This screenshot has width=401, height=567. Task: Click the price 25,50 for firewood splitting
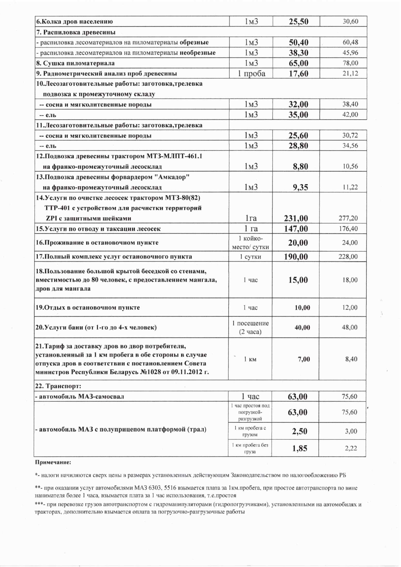(x=298, y=22)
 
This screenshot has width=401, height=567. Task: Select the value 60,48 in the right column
(x=350, y=42)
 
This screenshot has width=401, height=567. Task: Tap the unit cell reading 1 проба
(x=251, y=73)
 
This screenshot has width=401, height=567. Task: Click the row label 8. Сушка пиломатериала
(x=75, y=63)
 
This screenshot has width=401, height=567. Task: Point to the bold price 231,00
(x=296, y=218)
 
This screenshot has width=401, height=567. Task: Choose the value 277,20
(x=348, y=218)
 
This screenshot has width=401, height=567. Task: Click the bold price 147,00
(x=296, y=229)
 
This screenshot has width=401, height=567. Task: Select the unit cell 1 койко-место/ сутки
(x=250, y=243)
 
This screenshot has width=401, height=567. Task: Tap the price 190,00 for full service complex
(x=296, y=257)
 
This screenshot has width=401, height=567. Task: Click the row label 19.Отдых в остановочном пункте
(x=88, y=308)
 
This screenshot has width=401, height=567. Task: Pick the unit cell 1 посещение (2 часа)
(x=250, y=327)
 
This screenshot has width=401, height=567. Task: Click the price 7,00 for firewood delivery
(x=304, y=359)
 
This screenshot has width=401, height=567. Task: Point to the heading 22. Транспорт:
(x=58, y=386)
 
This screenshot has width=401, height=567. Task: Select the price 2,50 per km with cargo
(x=299, y=431)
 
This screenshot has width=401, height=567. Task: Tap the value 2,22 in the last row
(x=351, y=449)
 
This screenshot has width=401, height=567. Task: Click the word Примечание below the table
(x=53, y=463)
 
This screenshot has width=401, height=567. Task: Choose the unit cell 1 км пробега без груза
(x=250, y=448)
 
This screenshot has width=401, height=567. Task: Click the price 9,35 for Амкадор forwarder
(x=300, y=187)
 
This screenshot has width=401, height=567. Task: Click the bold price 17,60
(x=298, y=73)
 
